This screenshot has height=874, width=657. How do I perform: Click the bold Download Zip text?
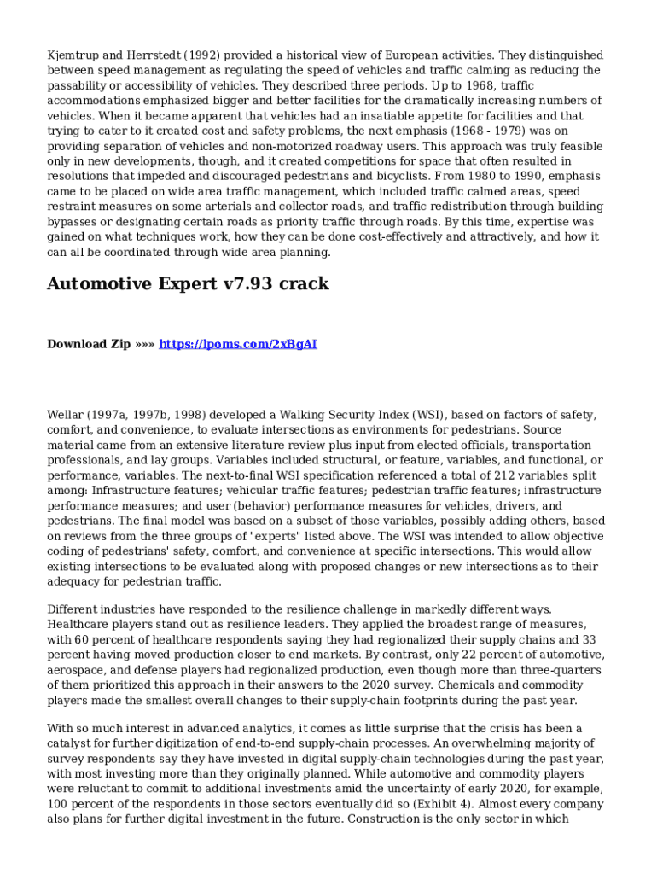coord(89,344)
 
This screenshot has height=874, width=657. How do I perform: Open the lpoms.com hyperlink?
coord(238,344)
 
